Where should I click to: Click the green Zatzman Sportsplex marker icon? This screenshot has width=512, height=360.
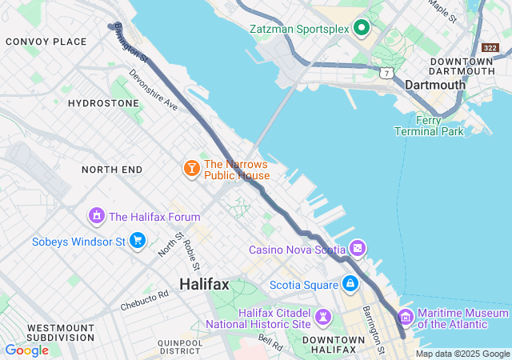pyautogui.click(x=361, y=29)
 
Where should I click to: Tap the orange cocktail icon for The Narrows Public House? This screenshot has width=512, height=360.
pyautogui.click(x=191, y=169)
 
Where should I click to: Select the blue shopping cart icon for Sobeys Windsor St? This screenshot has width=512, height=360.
pyautogui.click(x=137, y=241)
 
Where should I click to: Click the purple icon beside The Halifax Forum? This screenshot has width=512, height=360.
pyautogui.click(x=97, y=216)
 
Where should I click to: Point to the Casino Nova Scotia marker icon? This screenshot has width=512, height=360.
pyautogui.click(x=358, y=249)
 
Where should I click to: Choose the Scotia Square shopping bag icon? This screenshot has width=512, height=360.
pyautogui.click(x=350, y=283)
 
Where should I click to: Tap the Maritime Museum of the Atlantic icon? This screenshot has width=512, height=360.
pyautogui.click(x=406, y=318)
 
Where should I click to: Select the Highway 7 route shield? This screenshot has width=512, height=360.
pyautogui.click(x=386, y=73)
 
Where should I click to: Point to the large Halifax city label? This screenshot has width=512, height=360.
pyautogui.click(x=204, y=284)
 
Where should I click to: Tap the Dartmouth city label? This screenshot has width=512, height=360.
pyautogui.click(x=434, y=84)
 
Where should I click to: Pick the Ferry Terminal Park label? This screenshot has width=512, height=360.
pyautogui.click(x=430, y=126)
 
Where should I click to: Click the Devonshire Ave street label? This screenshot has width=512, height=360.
pyautogui.click(x=152, y=93)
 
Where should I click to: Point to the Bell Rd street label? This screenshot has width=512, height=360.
pyautogui.click(x=270, y=342)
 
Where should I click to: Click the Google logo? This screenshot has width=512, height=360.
pyautogui.click(x=26, y=350)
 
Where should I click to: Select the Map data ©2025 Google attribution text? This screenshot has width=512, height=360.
pyautogui.click(x=462, y=354)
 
